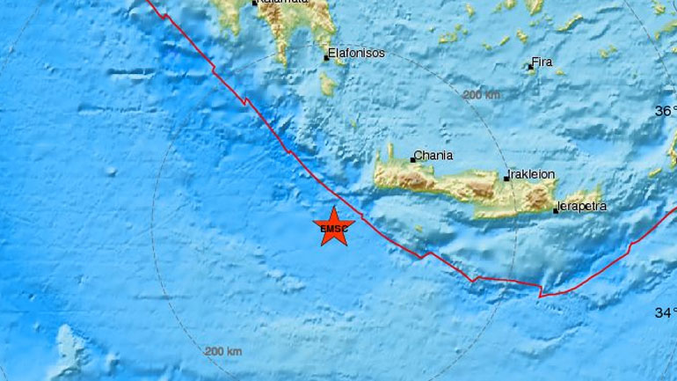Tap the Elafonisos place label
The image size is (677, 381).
point(356,53)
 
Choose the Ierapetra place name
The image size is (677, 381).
point(583,207)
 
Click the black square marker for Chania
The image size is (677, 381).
point(413,159)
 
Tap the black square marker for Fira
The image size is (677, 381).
point(531,65)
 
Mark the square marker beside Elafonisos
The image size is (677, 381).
point(326,57)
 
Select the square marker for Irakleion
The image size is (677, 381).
point(506,178)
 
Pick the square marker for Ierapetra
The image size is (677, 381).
point(556,210)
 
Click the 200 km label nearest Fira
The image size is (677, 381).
point(481,94)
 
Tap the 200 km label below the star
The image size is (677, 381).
point(222,351)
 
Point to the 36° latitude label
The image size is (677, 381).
point(666,111)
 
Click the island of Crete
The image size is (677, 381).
point(475,185)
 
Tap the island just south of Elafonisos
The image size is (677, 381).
point(328,84)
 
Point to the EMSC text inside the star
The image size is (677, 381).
point(334,230)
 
